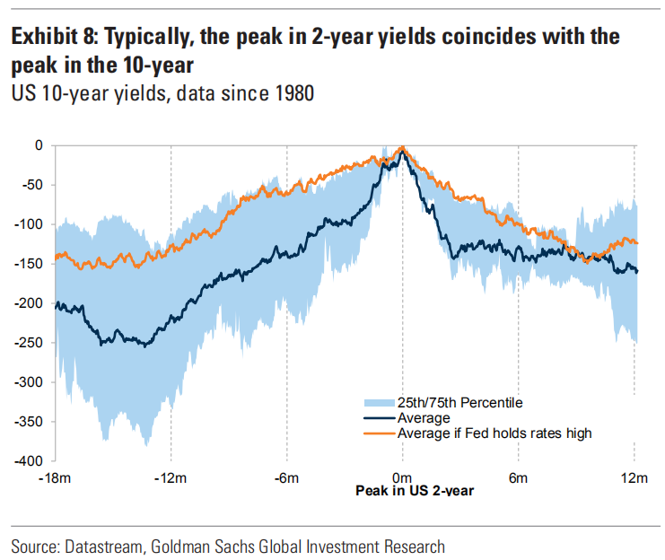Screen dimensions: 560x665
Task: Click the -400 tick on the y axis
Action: [31, 460]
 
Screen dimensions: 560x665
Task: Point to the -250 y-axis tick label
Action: [31, 342]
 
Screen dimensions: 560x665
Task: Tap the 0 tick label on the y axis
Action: [39, 145]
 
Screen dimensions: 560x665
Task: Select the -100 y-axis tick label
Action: [31, 224]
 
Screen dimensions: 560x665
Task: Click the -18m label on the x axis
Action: [55, 477]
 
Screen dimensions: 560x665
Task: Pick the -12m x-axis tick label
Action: [171, 477]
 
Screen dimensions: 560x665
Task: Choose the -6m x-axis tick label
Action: [286, 477]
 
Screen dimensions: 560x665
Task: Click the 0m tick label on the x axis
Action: [402, 477]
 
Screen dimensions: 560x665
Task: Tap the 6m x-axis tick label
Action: [519, 477]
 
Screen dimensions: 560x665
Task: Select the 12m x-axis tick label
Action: [634, 477]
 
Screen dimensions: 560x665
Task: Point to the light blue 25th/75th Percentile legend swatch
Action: [378, 403]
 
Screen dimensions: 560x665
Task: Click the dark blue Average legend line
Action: [378, 418]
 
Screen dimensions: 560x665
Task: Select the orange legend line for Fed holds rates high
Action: [378, 433]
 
